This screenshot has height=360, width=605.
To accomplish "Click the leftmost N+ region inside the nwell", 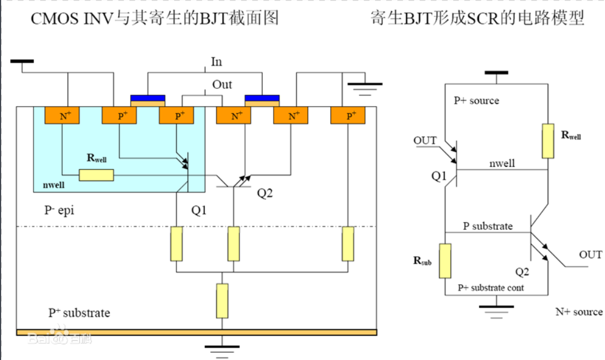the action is [62, 116].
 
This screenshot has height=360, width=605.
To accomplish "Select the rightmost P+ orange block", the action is [348, 116].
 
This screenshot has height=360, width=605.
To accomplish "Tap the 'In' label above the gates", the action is [217, 62].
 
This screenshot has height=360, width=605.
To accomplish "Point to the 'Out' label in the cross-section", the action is [222, 84].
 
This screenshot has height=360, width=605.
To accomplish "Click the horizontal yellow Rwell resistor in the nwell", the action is [97, 175].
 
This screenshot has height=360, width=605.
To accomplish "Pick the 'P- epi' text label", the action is [59, 210].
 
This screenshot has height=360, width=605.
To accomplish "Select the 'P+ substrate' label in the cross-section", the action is [79, 313].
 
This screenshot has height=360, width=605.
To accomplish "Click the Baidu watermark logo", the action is [60, 335].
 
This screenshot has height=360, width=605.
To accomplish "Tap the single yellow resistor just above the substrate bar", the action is [222, 301].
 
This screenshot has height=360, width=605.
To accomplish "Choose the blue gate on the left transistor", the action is [148, 98].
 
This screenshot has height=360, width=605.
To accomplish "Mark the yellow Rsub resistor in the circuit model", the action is [445, 261].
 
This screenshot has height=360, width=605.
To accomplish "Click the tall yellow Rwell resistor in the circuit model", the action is [548, 141].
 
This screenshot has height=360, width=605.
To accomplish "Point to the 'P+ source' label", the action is [477, 100].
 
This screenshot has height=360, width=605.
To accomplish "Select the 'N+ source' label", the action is [579, 312].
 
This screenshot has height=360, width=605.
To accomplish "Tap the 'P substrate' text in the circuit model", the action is [488, 226].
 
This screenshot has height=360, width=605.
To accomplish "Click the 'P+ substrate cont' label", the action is [491, 287].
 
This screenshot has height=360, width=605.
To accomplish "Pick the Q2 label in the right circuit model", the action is [522, 272].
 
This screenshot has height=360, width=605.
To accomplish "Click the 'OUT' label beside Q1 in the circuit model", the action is [425, 141].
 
